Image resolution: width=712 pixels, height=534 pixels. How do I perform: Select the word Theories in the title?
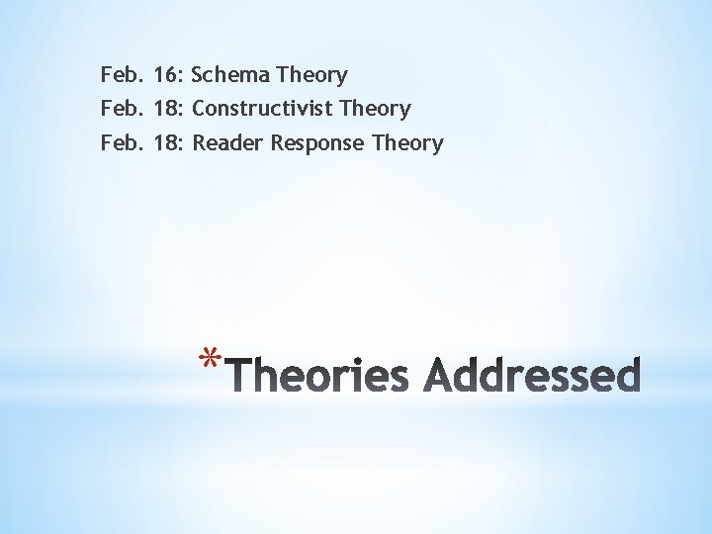(x=322, y=376)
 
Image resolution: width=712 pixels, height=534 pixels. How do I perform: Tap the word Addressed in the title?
(x=533, y=376)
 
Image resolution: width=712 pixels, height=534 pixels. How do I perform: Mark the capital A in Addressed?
(x=441, y=376)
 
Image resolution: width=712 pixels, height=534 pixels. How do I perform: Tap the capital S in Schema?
(x=198, y=75)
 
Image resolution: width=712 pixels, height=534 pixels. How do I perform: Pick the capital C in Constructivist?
(x=199, y=109)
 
